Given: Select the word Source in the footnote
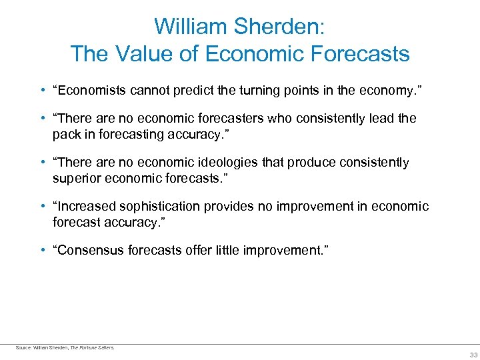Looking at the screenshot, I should [23, 347].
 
